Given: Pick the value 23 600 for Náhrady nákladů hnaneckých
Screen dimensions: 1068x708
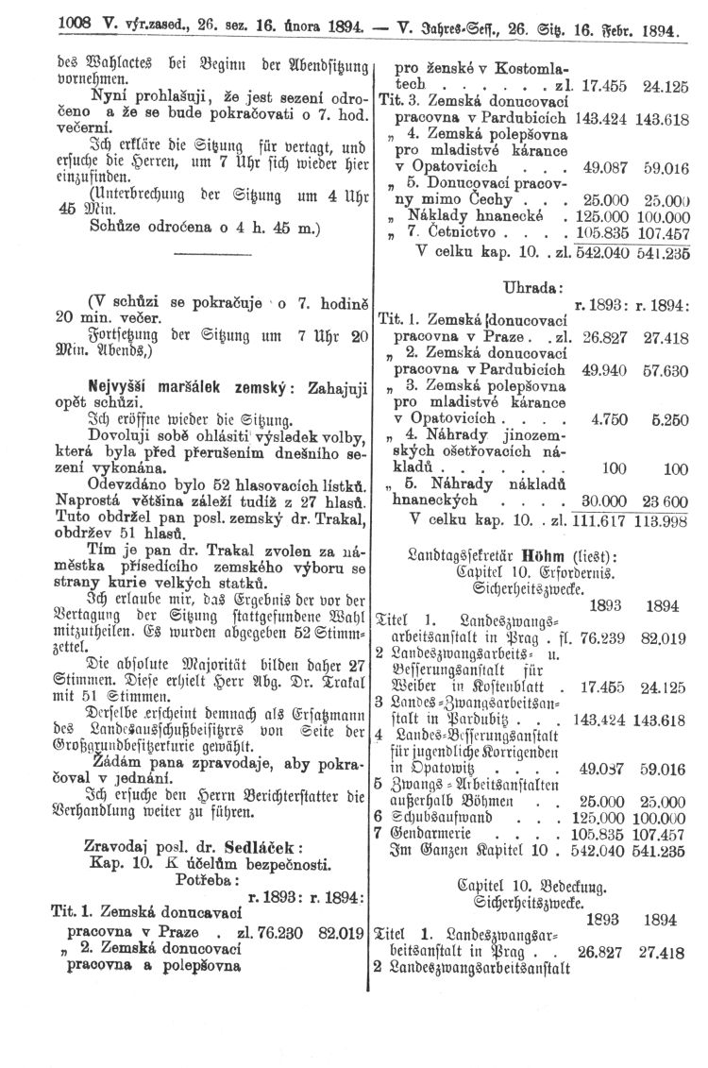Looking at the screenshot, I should [x=665, y=501].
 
